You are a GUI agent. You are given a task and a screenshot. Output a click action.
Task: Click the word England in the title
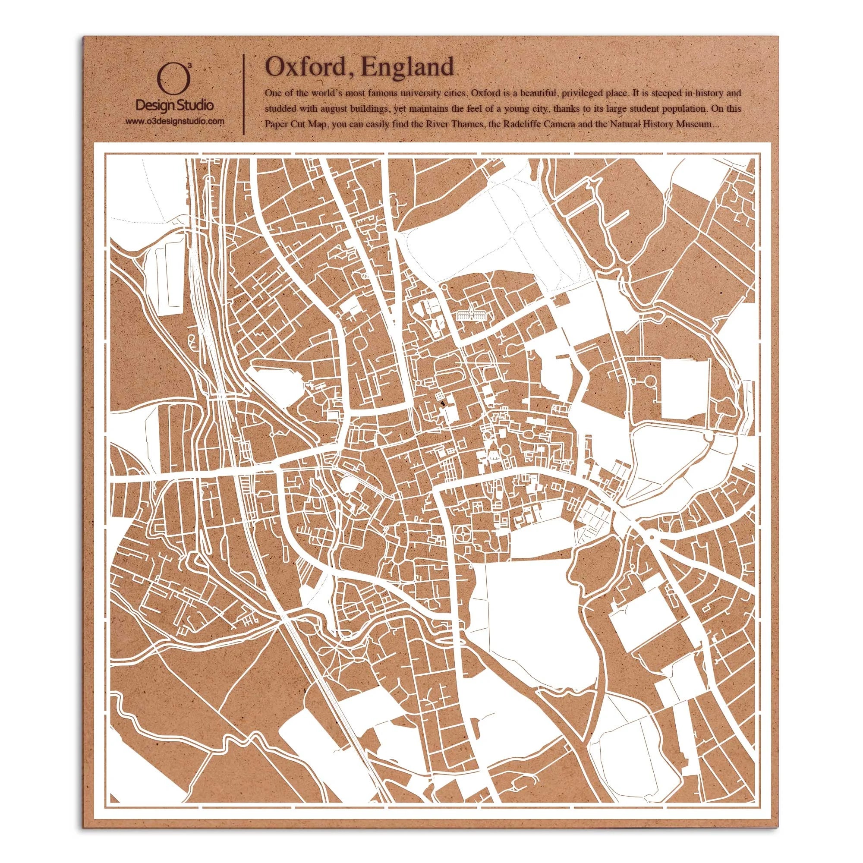[408, 67]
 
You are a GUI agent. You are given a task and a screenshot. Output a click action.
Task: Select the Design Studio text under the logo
[174, 106]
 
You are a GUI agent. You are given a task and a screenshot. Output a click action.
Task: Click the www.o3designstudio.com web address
[174, 121]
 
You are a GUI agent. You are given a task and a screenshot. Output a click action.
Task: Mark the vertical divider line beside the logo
[243, 94]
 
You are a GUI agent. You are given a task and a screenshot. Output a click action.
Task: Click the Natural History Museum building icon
[471, 312]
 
